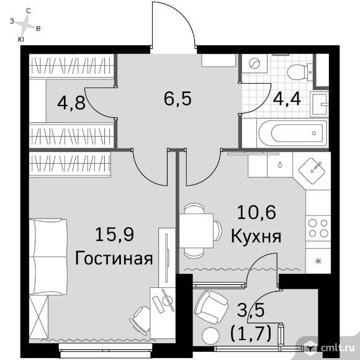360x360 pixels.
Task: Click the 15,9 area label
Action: click(x=114, y=234)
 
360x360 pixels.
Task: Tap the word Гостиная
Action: click(x=114, y=258)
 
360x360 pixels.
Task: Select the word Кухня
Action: click(x=256, y=236)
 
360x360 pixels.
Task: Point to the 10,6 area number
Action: click(x=256, y=212)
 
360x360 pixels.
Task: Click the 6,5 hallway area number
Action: click(x=178, y=99)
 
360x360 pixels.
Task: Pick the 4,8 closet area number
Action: click(x=71, y=103)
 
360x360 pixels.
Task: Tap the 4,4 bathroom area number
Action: click(x=287, y=99)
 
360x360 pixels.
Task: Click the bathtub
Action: click(x=293, y=133)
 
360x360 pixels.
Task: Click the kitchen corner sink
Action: click(x=312, y=170)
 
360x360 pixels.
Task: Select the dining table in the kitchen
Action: click(x=196, y=230)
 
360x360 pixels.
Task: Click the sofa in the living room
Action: click(x=48, y=256)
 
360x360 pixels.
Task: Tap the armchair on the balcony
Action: click(x=211, y=307)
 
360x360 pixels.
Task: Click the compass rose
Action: click(x=25, y=24)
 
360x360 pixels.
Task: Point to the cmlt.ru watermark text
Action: click(x=338, y=348)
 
